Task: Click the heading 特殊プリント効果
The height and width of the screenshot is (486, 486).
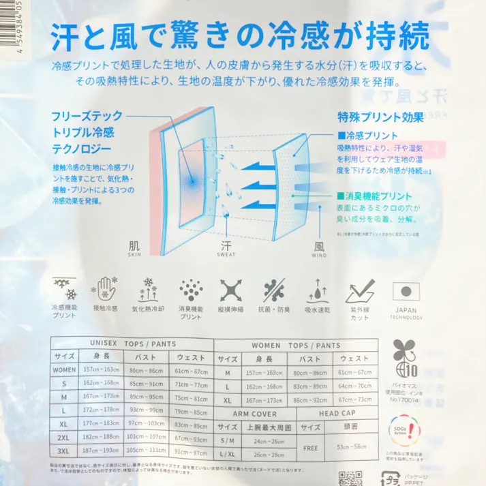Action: [x=380, y=117]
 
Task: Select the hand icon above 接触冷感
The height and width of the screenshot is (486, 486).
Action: [x=105, y=290]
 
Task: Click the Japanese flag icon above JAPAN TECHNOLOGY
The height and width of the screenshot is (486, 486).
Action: [x=406, y=291]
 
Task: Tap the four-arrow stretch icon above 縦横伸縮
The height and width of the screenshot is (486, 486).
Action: [x=231, y=291]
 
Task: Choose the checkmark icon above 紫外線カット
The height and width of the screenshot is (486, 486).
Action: [x=360, y=291]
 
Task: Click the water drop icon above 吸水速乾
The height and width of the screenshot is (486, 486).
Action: [x=317, y=291]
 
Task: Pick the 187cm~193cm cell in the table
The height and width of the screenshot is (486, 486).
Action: [x=100, y=452]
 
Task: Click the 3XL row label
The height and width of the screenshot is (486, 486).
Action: [x=63, y=452]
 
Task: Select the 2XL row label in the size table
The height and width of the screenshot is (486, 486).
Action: [x=63, y=436]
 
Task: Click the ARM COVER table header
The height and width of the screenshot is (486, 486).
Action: [x=255, y=414]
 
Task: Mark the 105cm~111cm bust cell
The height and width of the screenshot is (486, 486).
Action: [x=147, y=452]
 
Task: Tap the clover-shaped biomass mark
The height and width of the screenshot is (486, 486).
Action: [x=403, y=357]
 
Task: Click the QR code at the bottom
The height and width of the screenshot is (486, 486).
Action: [x=349, y=479]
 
